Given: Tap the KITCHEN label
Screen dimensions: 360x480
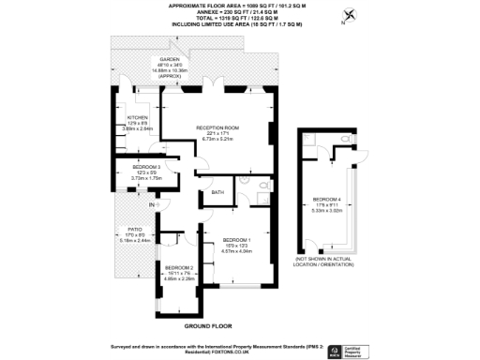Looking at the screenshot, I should [125, 117].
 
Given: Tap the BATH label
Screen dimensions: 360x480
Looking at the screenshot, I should [217, 192].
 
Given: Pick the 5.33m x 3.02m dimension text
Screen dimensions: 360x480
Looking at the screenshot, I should [327, 212].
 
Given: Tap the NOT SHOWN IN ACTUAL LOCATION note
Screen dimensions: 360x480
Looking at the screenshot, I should [327, 262].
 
